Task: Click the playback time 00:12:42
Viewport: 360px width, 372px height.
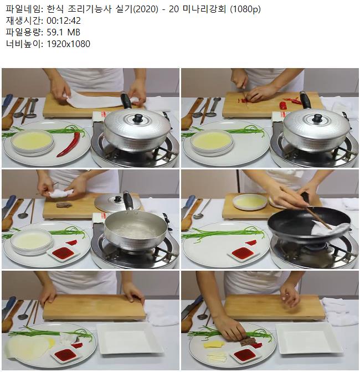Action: coord(64,21)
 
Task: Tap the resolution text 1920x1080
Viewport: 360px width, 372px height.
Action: coord(68,44)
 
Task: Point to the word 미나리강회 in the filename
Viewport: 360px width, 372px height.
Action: coord(204,9)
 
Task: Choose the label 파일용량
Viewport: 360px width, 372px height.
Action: coord(23,32)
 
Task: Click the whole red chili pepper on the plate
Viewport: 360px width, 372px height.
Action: coord(69,144)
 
